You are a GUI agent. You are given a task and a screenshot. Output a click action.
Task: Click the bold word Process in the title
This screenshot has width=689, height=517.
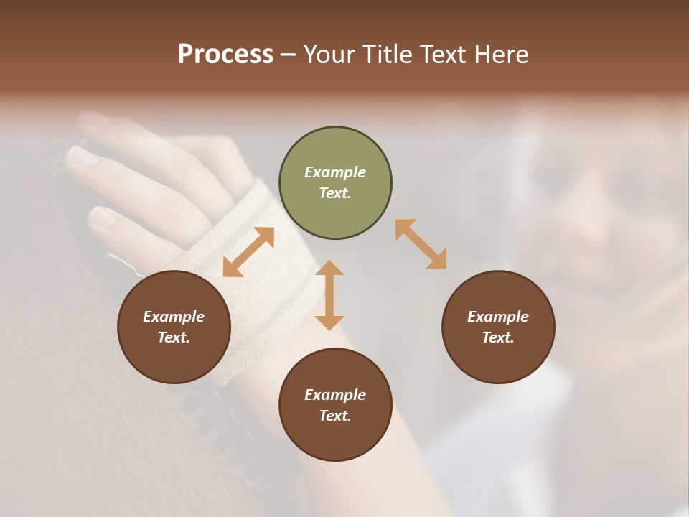coord(225,55)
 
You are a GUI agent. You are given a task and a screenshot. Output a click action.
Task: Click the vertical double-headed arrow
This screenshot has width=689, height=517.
coord(329,295)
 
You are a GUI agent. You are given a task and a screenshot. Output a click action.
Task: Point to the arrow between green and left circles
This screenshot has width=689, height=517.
coord(248,252)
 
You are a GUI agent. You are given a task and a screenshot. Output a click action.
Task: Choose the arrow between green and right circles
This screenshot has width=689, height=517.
coord(421,244)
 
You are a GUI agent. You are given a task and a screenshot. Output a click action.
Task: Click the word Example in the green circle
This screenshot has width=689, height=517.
coord(335,172)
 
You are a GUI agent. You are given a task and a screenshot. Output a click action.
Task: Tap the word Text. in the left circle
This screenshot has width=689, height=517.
coord(174,337)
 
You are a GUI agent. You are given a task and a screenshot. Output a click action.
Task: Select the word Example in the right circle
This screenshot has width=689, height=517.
coord(498,317)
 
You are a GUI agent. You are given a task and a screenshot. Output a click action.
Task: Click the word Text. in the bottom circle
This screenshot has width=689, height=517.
coord(335,416)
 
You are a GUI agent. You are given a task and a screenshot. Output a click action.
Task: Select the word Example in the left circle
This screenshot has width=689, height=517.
coord(174,317)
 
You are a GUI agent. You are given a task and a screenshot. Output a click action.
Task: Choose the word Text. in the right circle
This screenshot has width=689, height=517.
coord(498,337)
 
